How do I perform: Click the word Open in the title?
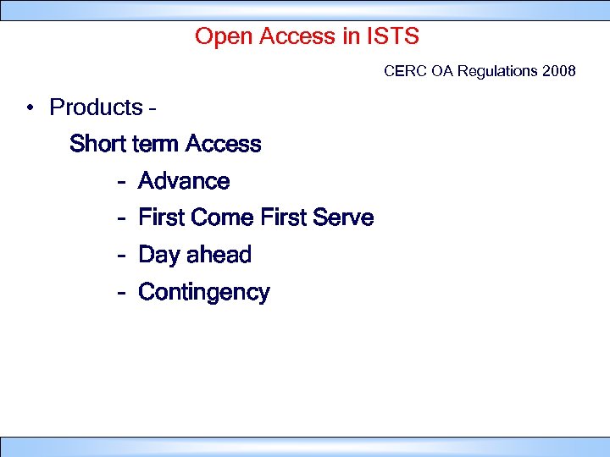click(219, 36)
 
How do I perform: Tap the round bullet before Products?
click(29, 108)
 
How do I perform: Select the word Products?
click(97, 107)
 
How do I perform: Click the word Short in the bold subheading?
click(98, 144)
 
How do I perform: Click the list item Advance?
click(184, 181)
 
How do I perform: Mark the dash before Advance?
click(123, 182)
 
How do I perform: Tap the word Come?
click(223, 218)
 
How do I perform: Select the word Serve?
click(342, 218)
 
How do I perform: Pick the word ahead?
click(219, 255)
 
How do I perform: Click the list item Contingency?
click(203, 293)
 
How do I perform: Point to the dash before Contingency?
click(123, 294)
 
